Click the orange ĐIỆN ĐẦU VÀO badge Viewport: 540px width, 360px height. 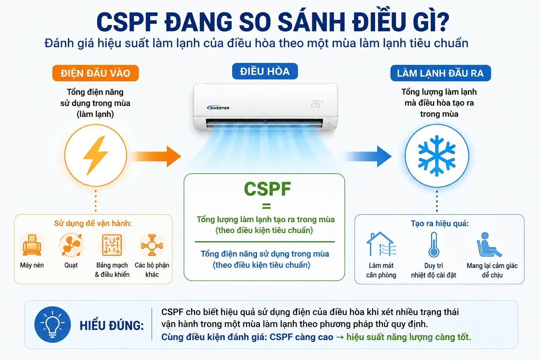96,73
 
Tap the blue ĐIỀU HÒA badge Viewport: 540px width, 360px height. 265,71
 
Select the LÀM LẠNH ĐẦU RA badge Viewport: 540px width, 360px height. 441,73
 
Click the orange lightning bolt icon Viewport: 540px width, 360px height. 96,155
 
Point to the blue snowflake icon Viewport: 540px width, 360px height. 437,155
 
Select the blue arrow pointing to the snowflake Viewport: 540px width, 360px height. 368,156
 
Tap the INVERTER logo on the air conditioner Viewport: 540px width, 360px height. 218,108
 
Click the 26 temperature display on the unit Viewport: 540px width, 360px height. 317,104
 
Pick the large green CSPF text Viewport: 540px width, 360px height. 267,189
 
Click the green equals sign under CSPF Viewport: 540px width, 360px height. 266,206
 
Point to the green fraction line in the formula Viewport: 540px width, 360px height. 265,242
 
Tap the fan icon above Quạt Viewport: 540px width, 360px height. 71,244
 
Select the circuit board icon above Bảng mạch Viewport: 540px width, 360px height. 112,245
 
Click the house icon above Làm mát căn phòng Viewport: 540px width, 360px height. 381,244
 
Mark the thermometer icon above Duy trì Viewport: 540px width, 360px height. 434,245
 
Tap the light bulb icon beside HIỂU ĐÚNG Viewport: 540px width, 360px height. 52,324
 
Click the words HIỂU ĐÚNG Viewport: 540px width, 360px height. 111,326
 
